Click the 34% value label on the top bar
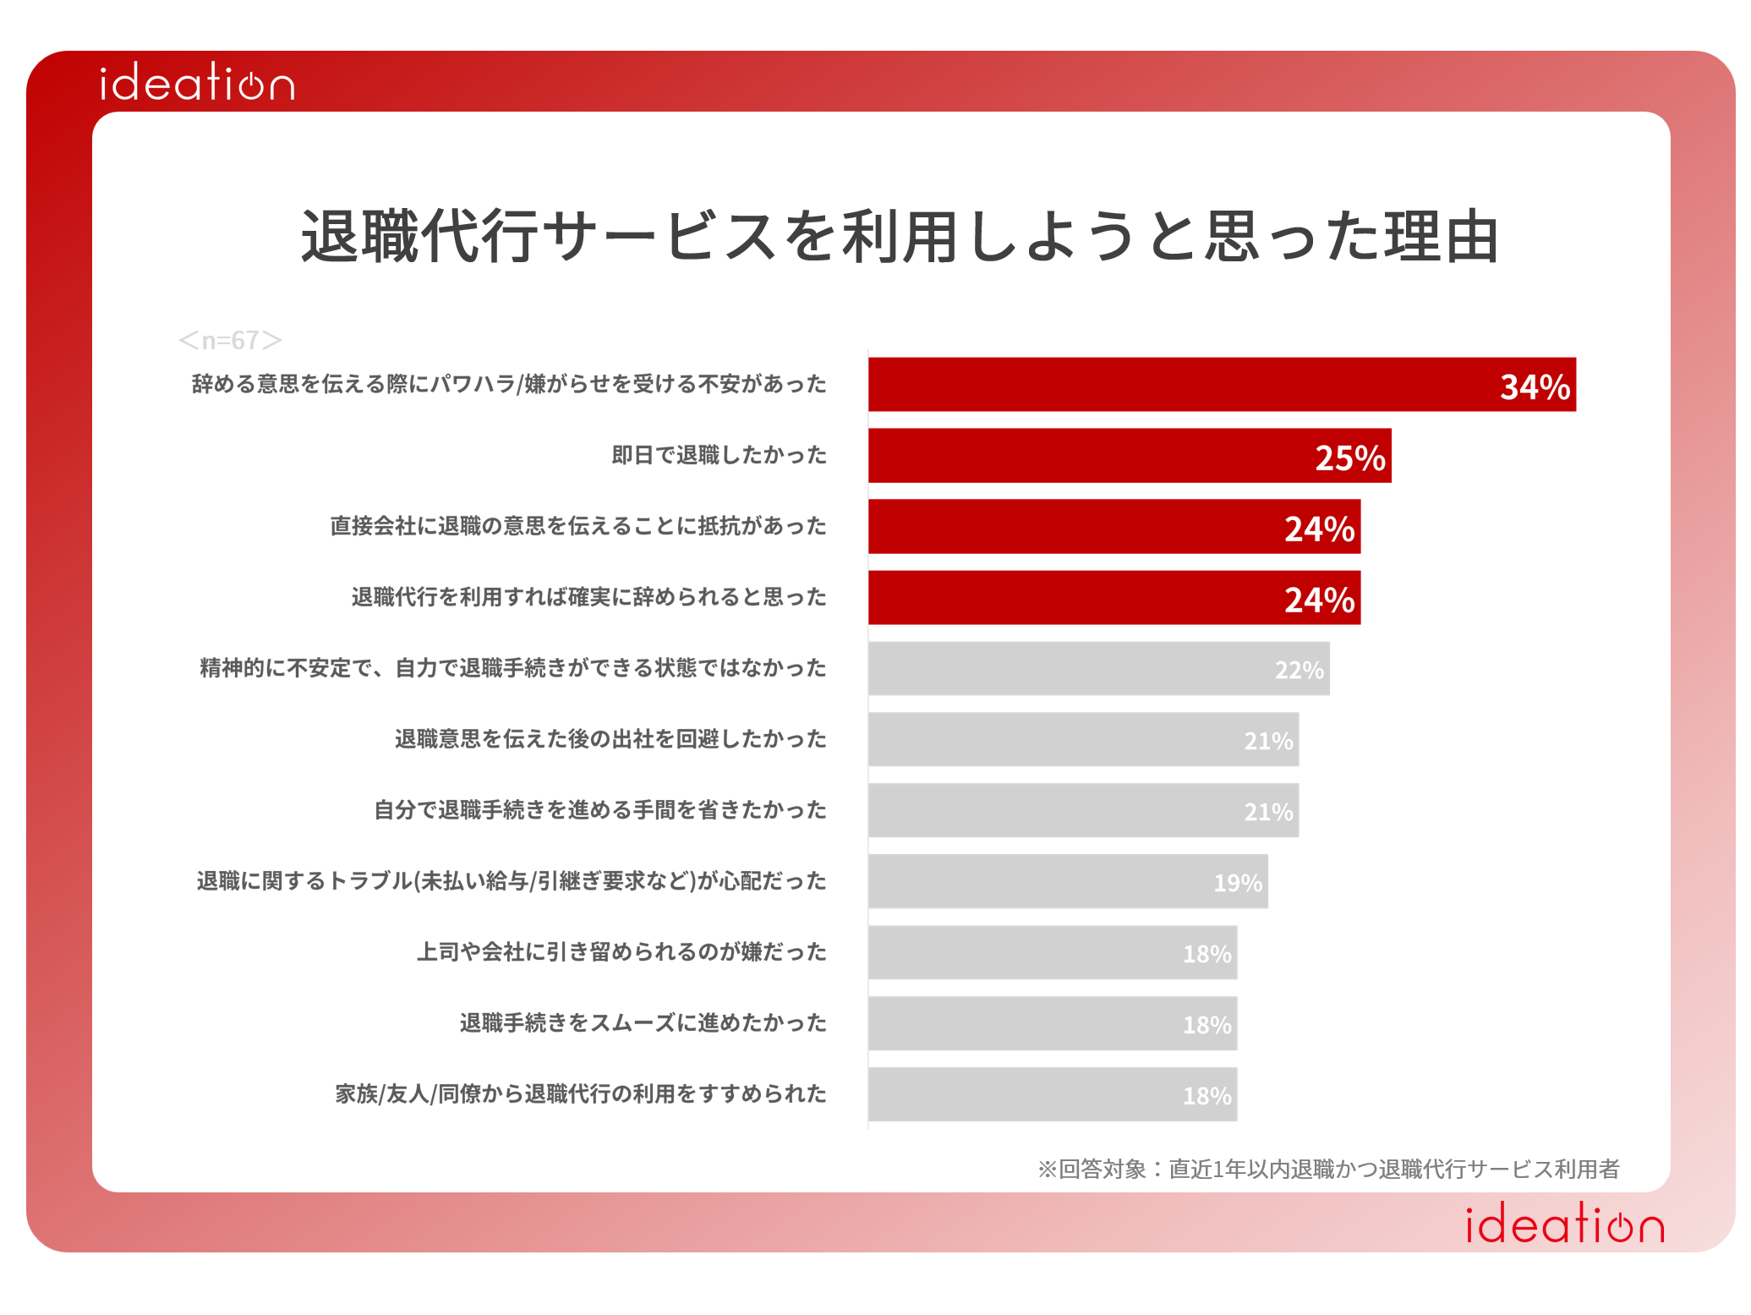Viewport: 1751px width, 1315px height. coord(1535,386)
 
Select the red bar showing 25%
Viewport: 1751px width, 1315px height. coord(1129,456)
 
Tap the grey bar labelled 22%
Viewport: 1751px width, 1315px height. coord(1098,669)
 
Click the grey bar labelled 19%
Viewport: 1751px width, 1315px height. coord(1067,882)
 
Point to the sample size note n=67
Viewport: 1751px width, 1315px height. coord(230,340)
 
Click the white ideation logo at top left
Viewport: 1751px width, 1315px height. coord(197,83)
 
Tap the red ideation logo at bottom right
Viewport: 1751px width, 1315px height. coord(1564,1225)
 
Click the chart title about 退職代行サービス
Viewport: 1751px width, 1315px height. coord(900,237)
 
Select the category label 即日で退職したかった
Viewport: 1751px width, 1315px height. coord(719,456)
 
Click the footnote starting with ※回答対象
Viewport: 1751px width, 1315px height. coord(1328,1170)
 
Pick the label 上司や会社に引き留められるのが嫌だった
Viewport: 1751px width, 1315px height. coord(621,952)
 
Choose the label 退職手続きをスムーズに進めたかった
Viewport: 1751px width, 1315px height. coord(643,1023)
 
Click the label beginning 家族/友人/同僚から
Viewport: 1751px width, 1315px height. coord(581,1094)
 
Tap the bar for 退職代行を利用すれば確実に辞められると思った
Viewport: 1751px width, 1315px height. coord(1114,598)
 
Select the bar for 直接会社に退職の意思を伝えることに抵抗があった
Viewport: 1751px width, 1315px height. coord(1114,527)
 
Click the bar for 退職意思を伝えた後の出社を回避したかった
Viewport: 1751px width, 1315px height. coord(1083,740)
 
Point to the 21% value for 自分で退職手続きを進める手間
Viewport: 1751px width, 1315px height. coord(1268,813)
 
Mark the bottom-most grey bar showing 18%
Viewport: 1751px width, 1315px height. coord(1052,1095)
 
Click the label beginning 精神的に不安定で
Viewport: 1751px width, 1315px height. coord(512,668)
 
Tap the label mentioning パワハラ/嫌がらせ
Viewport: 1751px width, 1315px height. coord(509,385)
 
